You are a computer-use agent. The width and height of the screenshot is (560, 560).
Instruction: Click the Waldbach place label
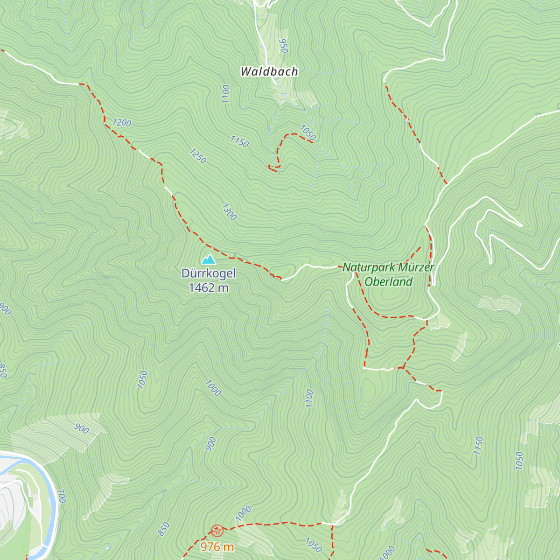pos(269,71)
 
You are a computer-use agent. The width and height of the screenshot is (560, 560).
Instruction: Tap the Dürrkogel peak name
pos(209,273)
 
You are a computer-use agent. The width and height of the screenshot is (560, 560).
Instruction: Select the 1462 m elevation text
pos(209,288)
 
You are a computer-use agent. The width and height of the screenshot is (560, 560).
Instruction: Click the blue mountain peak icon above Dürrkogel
pos(208,259)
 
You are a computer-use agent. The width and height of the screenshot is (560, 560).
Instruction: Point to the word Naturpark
pos(369,267)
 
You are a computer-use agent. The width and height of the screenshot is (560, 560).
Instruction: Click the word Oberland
pos(388,282)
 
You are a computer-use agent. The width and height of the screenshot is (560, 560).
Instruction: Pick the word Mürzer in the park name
pos(417,267)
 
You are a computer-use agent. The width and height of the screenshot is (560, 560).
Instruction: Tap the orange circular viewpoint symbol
pos(217,530)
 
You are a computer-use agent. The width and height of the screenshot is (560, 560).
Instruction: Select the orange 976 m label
pos(217,546)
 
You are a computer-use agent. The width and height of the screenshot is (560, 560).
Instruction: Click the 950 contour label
pos(283,46)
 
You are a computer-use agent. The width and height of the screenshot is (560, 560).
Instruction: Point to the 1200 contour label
pos(121,123)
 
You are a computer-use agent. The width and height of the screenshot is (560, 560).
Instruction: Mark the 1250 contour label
pos(197,156)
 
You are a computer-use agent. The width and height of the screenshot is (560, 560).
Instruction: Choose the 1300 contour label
pos(229,211)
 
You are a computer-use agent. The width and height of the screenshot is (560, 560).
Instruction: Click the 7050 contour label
pos(143,379)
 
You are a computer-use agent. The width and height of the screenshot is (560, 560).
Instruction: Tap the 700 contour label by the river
pos(61,496)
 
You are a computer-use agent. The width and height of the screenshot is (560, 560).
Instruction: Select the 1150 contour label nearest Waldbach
pos(239,141)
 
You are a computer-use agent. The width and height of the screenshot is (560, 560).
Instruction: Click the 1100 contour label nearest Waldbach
pos(226,94)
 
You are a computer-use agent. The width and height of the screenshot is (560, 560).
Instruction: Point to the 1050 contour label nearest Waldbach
pos(308,133)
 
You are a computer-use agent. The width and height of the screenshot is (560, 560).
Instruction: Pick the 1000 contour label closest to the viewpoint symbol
pos(243,513)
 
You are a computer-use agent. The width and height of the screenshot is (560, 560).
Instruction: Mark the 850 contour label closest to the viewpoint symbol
pos(163,529)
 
